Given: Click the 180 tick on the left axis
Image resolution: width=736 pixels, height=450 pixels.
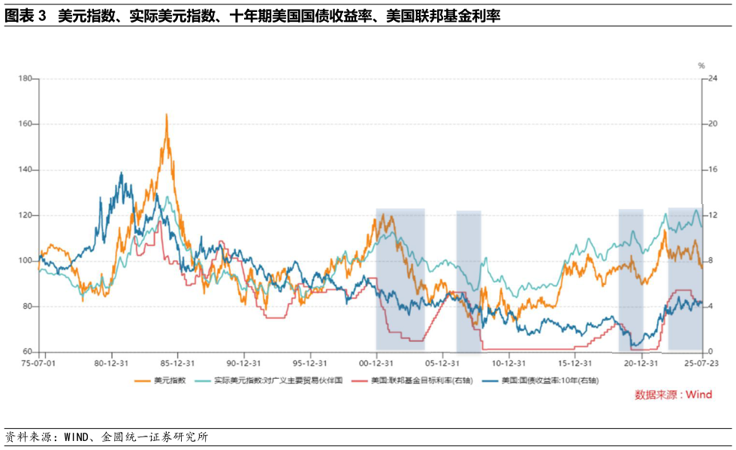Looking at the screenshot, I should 25,79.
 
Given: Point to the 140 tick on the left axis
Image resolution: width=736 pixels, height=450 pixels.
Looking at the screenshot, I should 25,170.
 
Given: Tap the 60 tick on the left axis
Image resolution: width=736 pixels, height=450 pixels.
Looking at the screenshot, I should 27,352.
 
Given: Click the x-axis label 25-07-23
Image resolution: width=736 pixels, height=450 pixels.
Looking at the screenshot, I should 701,361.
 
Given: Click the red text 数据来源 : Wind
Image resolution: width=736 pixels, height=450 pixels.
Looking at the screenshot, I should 674,394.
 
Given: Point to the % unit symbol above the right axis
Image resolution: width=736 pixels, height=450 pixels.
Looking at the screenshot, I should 701,66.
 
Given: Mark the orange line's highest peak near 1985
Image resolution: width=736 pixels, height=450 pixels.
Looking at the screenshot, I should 166,115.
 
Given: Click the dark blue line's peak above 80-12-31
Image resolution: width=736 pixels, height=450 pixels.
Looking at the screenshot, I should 122,173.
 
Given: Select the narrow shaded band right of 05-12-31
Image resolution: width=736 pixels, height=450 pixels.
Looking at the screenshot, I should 469,281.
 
